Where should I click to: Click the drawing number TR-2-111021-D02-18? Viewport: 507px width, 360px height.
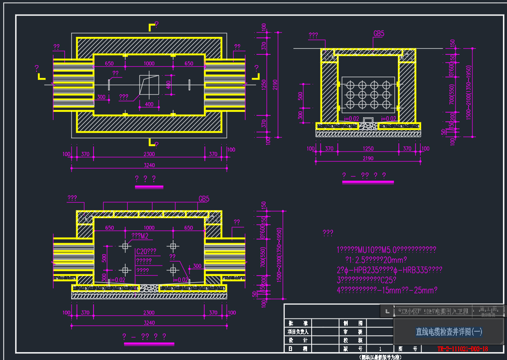(463, 349)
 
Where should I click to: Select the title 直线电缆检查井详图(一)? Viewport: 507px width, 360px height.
(449, 332)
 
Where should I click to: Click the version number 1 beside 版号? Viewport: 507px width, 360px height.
(380, 349)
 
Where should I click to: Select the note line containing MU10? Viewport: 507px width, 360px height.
(386, 250)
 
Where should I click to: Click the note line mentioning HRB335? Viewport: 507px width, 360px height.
(389, 270)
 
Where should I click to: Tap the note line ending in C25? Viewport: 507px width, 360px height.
(366, 280)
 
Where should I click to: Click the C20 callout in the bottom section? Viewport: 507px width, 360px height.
(146, 251)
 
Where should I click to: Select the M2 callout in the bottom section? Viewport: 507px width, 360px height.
(141, 236)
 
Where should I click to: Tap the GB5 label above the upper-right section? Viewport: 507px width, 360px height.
(379, 34)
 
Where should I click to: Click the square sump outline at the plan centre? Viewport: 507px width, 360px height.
(149, 85)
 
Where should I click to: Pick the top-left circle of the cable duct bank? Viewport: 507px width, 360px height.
(350, 85)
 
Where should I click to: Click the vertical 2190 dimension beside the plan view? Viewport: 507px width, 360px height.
(275, 85)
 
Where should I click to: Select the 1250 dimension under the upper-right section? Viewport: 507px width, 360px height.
(367, 149)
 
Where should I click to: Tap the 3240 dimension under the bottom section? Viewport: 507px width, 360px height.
(149, 323)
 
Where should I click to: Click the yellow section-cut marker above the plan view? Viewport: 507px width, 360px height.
(152, 27)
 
